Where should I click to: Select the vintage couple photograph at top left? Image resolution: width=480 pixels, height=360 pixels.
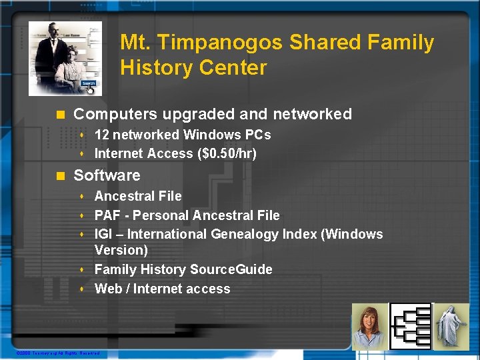point(65,58)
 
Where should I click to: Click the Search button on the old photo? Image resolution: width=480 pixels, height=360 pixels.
point(89,84)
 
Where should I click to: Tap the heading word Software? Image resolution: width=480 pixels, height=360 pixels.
point(107,175)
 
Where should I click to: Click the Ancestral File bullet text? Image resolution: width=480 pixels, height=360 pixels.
point(138,196)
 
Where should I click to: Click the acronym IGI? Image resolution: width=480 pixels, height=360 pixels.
point(104,234)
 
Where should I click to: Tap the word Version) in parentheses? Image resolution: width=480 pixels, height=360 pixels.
point(121,250)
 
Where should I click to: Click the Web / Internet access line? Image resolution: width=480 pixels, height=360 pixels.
point(162,289)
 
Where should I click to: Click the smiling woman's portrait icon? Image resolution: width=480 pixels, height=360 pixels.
point(369,326)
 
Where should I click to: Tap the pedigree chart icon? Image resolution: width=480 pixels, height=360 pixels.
point(410,326)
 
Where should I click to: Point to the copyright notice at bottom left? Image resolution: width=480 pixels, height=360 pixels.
point(57,353)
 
